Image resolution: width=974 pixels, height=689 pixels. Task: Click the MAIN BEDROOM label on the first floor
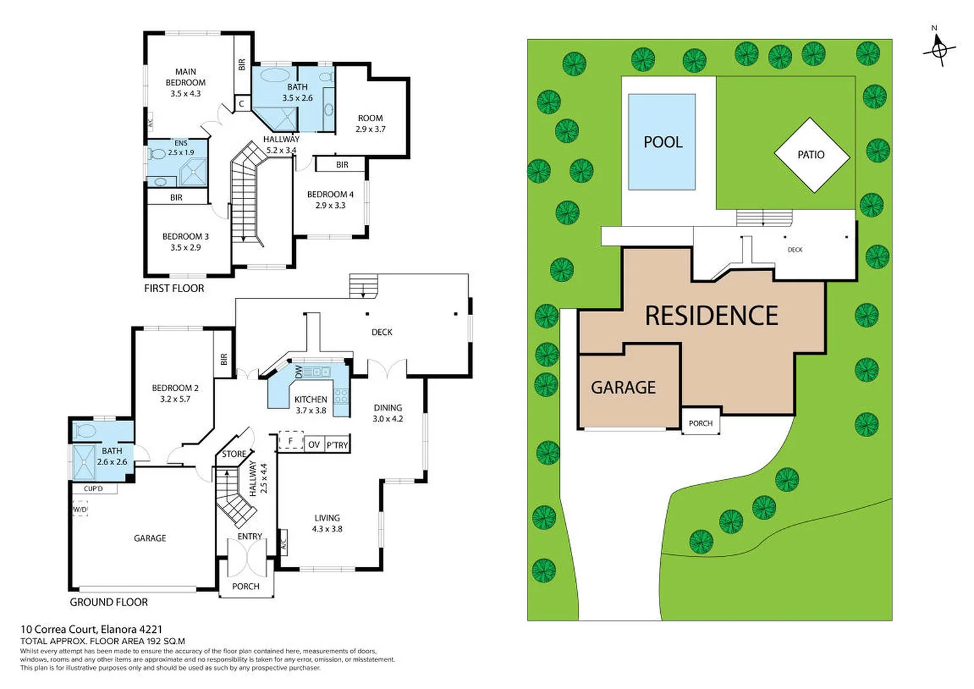186,77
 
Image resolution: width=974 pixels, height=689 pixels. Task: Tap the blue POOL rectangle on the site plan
661,142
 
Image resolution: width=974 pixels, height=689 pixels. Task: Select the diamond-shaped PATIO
811,155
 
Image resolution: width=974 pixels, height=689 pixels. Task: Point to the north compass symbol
938,48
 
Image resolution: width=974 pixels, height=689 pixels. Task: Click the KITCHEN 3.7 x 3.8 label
311,404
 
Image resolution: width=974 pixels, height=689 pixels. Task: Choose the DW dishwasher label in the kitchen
299,372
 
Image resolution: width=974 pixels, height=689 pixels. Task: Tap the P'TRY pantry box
337,445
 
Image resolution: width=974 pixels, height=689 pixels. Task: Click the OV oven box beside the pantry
313,445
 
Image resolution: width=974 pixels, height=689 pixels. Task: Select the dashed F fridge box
291,441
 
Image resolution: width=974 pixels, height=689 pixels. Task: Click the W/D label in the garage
80,510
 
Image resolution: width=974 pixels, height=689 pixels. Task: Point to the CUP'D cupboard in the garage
93,489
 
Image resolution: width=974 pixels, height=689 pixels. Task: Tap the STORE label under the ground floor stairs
233,454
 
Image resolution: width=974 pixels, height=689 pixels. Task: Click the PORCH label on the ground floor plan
246,586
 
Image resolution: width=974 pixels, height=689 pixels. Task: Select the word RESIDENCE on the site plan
711,316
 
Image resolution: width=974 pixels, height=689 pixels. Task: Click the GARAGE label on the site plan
623,387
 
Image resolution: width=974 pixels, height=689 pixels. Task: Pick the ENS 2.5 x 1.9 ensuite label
181,148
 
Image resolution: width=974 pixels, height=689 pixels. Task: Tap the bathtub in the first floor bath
275,75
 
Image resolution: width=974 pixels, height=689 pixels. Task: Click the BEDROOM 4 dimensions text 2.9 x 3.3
330,205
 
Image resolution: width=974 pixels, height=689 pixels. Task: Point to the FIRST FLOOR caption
174,288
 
